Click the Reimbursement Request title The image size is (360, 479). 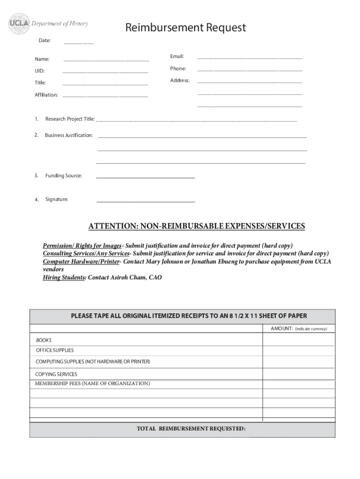tap(185, 28)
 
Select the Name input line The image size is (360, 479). tap(106, 60)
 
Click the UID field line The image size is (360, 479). tap(105, 72)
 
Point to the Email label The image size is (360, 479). tap(177, 57)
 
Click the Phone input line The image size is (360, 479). tap(250, 70)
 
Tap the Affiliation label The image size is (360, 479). tap(46, 95)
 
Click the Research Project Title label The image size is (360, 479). tap(70, 119)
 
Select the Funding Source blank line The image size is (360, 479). tap(145, 177)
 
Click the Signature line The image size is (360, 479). tap(145, 201)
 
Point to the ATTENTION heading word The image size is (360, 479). tap(110, 226)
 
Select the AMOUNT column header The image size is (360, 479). tap(281, 329)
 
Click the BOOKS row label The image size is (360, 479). tap(44, 340)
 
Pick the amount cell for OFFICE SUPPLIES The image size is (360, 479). tap(298, 350)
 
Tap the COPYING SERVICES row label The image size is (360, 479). tap(56, 374)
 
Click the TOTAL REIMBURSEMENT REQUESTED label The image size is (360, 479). tap(191, 428)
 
